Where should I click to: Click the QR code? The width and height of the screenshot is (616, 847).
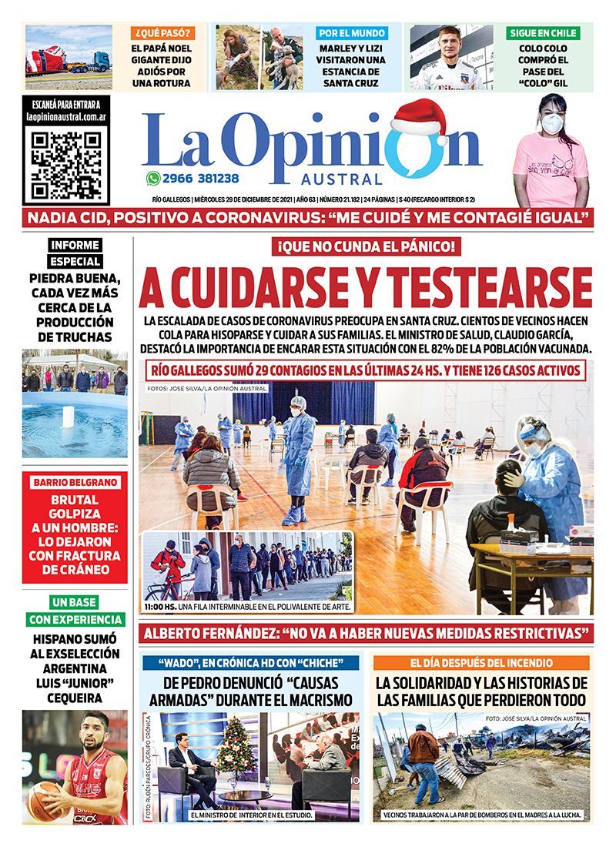coord(65,162)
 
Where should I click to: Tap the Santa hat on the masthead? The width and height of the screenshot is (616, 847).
coord(420,118)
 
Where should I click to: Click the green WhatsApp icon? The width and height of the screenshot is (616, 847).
coord(153,178)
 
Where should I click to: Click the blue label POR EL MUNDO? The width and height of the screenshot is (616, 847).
coord(353,34)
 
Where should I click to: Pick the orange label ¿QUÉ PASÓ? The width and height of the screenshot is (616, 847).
coord(162,34)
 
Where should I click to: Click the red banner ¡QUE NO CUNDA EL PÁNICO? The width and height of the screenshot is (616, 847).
coord(366,248)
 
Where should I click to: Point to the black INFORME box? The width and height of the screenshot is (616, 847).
coord(75,246)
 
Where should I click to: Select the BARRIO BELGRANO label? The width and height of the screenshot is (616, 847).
coord(75,483)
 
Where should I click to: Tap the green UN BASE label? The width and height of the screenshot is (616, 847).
coord(75,602)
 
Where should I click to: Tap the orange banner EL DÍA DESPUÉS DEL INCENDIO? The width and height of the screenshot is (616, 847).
coord(481,662)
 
